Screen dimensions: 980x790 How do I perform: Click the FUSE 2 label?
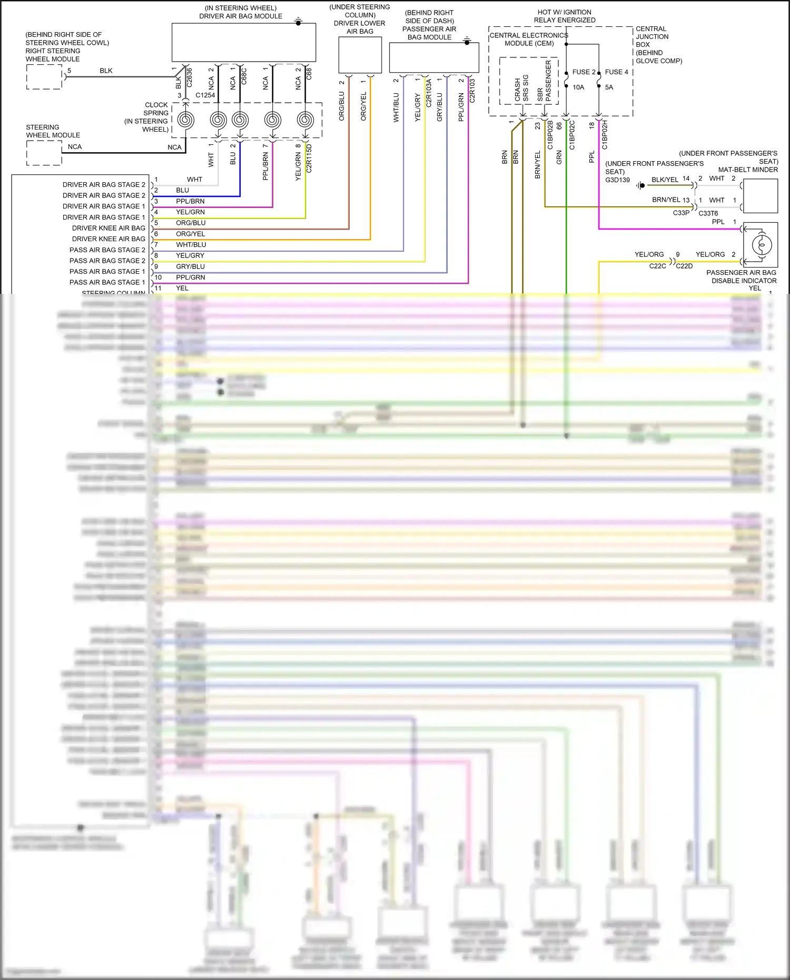pos(584,72)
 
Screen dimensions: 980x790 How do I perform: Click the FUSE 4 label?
pos(616,72)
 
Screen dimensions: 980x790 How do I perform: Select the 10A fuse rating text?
pos(578,87)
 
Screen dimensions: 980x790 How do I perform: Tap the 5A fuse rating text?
pos(609,87)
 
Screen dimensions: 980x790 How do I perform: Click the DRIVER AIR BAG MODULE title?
pos(241,16)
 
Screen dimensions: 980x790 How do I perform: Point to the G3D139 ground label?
pos(617,180)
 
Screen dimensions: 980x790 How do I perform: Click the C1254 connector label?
pos(205,95)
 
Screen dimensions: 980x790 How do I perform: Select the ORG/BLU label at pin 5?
pos(191,223)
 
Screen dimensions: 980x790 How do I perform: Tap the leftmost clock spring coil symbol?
pos(185,120)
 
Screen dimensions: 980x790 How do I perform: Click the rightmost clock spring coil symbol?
pos(305,120)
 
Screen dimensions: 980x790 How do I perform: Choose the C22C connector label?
pos(657,266)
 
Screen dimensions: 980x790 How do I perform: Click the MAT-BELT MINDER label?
pos(748,170)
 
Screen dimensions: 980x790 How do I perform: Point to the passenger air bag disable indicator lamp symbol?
pos(761,245)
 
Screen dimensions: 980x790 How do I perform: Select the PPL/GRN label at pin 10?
pos(191,278)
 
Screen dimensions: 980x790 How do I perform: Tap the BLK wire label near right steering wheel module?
pos(106,71)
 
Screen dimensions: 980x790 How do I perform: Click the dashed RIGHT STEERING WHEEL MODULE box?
pos(44,77)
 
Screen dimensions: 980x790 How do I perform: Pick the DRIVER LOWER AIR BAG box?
pos(360,55)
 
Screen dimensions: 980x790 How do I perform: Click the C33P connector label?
pos(681,213)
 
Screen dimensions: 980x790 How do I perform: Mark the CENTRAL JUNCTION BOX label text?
pos(652,37)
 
